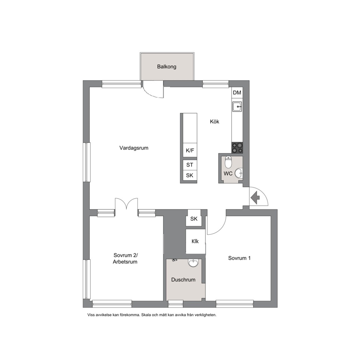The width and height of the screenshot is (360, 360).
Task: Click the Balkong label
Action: (x=167, y=67)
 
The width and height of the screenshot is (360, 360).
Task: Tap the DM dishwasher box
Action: (x=237, y=93)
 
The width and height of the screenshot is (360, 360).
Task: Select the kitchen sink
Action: (x=237, y=107)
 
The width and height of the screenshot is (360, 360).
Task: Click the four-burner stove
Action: (x=237, y=148)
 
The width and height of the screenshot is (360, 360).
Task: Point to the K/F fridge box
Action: (x=190, y=150)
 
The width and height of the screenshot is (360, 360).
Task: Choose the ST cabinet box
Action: (x=190, y=165)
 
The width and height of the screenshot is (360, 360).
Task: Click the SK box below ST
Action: (x=190, y=175)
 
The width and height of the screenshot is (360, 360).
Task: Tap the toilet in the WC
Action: (x=228, y=162)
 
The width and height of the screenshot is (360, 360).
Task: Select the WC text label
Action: (x=228, y=173)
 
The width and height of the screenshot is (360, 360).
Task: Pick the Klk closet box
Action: (x=195, y=241)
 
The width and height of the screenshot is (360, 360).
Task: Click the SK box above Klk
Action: (x=194, y=218)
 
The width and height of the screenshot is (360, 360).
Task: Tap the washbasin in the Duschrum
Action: (x=193, y=263)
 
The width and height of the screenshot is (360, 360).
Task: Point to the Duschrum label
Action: (x=183, y=280)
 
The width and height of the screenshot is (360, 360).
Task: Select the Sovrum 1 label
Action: (x=239, y=258)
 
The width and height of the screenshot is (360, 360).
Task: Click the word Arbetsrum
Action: (x=125, y=262)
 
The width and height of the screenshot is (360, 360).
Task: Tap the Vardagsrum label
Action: (x=134, y=148)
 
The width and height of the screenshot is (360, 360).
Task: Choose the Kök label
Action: (x=214, y=122)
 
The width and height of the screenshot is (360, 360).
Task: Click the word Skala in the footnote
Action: (x=146, y=315)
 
